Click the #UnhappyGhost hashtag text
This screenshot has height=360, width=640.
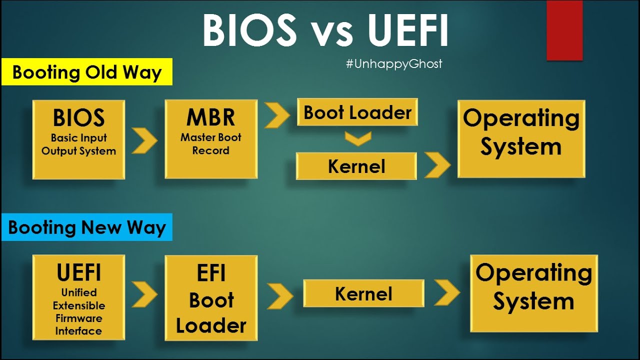pyautogui.click(x=394, y=64)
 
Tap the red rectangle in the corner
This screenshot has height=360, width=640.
pyautogui.click(x=564, y=30)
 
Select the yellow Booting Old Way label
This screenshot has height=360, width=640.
pyautogui.click(x=87, y=72)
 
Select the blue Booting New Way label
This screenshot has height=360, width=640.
pyautogui.click(x=87, y=227)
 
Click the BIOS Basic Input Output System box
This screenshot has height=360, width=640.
pyautogui.click(x=78, y=139)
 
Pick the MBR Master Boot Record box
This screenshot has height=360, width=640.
pyautogui.click(x=211, y=139)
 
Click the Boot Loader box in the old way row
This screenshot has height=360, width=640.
pyautogui.click(x=357, y=112)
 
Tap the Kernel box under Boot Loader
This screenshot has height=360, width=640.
pyautogui.click(x=356, y=166)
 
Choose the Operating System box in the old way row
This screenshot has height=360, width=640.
pyautogui.click(x=521, y=138)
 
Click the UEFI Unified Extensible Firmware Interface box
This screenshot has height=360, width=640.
pyautogui.click(x=78, y=297)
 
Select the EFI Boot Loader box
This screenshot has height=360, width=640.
pyautogui.click(x=211, y=298)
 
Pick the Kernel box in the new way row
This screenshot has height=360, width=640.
pyautogui.click(x=363, y=293)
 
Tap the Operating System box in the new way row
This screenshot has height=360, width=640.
pyautogui.click(x=533, y=293)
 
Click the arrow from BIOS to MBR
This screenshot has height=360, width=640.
pyautogui.click(x=144, y=140)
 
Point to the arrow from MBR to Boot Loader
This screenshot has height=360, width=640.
pyautogui.click(x=276, y=115)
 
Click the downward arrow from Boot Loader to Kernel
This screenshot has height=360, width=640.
pyautogui.click(x=358, y=138)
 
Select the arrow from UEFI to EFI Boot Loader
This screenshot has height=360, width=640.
pyautogui.click(x=144, y=294)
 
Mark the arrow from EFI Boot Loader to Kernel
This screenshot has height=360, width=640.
pyautogui.click(x=279, y=296)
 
